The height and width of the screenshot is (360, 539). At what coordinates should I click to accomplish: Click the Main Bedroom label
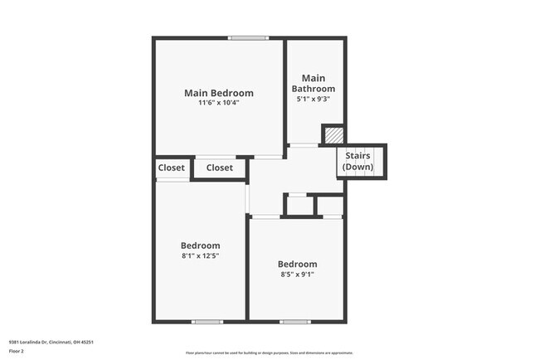coord(219,93)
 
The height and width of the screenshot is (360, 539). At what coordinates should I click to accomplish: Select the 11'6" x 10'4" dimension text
coord(219,104)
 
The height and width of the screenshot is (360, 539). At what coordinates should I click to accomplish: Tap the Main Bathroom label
coord(313,83)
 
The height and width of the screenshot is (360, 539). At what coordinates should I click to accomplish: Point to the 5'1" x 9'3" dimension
coord(313,100)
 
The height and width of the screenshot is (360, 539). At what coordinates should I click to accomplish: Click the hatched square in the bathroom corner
coord(333,135)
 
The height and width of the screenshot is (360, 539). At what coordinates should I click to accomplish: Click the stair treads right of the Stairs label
coord(381,160)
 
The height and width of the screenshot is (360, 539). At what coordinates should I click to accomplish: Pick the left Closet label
coord(172,168)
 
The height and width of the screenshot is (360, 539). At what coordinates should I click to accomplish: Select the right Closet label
coord(220,168)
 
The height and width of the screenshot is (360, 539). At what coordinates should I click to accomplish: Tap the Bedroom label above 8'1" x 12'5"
coord(201,246)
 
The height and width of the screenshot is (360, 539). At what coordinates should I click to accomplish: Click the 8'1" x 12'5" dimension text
coord(201,256)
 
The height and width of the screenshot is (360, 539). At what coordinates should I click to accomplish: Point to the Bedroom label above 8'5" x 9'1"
coord(297,264)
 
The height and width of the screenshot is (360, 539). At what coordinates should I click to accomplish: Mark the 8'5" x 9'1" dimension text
coord(297,275)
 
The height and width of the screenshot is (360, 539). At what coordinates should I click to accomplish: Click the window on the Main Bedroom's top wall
coord(249,37)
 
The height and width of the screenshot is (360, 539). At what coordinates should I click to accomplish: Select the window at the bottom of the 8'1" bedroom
coord(206,321)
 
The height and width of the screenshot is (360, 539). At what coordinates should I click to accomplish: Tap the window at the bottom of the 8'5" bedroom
coord(294,321)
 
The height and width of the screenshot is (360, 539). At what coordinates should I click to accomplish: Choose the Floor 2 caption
coord(17,351)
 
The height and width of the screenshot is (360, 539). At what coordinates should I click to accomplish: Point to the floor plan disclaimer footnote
coord(269,353)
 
